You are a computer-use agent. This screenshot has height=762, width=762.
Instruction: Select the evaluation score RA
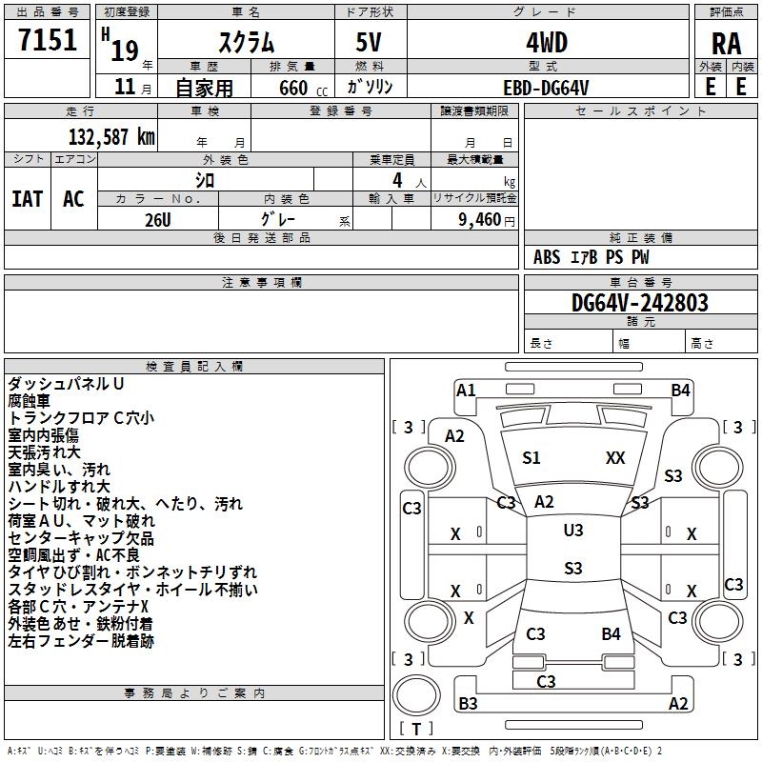click(x=726, y=43)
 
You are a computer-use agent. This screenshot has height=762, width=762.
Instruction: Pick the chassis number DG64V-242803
click(x=639, y=303)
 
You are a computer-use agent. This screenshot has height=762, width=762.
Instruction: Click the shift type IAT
click(x=27, y=199)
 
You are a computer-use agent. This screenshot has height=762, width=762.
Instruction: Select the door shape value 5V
click(x=371, y=42)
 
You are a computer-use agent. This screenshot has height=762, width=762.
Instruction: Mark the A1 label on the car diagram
click(x=466, y=390)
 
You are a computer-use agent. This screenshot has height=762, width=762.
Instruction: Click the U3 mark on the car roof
click(x=572, y=531)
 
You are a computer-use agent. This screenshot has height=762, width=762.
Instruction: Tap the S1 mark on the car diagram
click(x=531, y=458)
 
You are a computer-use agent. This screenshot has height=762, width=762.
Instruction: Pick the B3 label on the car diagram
click(x=468, y=704)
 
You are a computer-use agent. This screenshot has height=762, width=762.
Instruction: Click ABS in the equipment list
click(x=547, y=257)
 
